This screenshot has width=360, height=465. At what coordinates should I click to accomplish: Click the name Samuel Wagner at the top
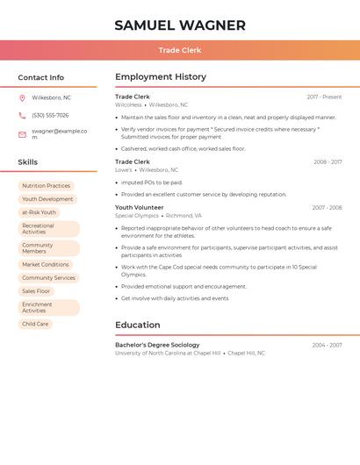click(180, 25)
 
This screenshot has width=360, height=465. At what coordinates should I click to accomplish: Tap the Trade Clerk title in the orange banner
click(180, 50)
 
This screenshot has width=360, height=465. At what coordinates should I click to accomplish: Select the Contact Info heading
click(40, 77)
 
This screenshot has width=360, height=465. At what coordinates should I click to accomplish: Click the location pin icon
click(22, 97)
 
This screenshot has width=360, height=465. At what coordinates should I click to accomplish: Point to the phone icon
click(22, 115)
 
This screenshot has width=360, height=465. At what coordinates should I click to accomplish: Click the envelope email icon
click(22, 134)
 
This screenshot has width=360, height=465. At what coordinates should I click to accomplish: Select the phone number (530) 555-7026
click(50, 115)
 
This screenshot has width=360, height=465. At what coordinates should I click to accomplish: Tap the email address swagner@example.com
click(59, 133)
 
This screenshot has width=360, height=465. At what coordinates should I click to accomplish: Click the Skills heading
click(28, 162)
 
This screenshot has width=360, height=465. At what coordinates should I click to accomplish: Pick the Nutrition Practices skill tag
click(46, 186)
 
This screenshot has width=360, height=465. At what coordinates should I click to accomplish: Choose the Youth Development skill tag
click(47, 199)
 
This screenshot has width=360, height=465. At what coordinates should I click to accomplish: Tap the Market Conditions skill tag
click(45, 264)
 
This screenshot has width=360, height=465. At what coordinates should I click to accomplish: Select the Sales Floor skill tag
click(36, 290)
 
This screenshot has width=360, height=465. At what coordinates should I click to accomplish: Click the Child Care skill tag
click(35, 324)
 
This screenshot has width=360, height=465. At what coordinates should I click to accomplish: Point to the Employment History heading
click(161, 77)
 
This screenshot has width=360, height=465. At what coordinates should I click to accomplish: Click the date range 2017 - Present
click(324, 97)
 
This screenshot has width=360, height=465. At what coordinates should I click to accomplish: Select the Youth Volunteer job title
click(140, 208)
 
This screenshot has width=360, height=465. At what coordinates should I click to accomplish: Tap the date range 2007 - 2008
click(327, 208)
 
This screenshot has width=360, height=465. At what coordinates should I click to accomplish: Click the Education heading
click(138, 325)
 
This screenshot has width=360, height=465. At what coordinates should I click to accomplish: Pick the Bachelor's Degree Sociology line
click(157, 345)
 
